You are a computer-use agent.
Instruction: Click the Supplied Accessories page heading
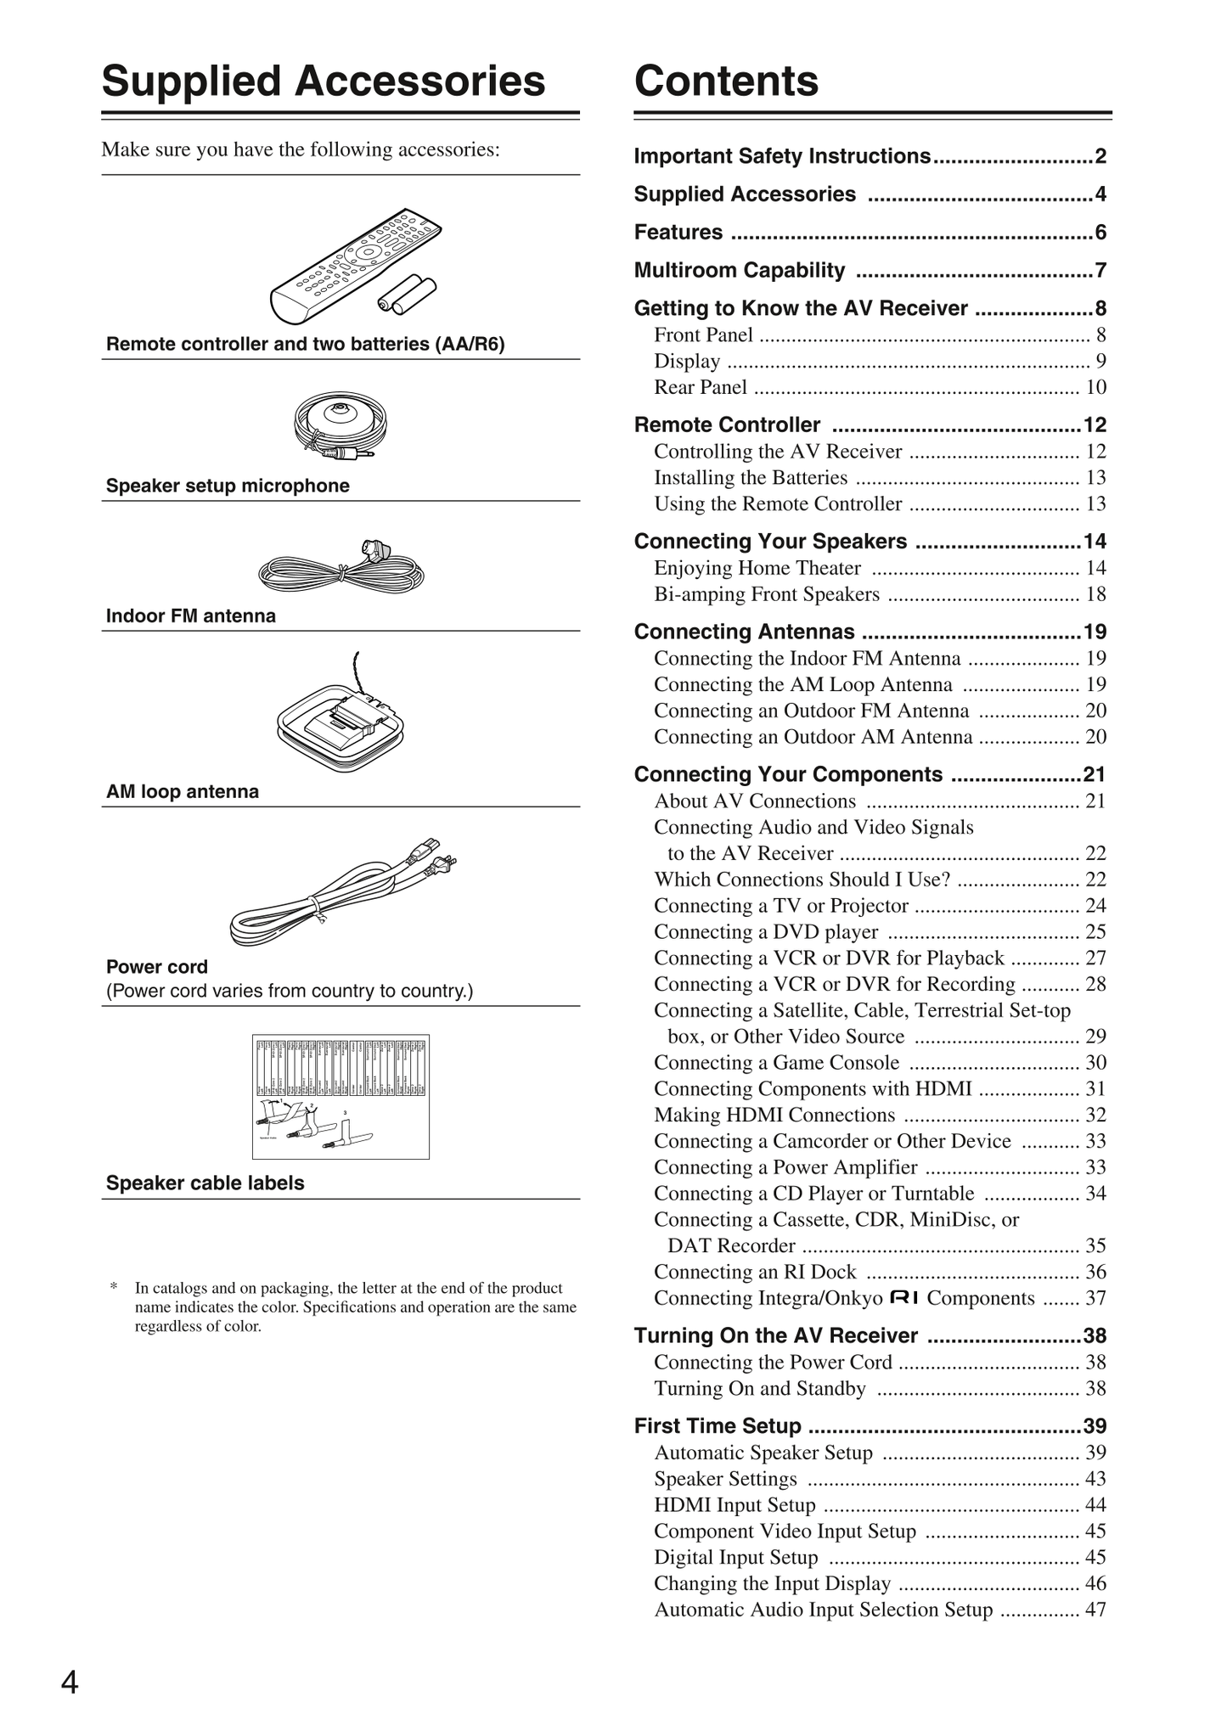(323, 81)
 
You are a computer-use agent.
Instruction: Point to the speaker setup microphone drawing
(340, 428)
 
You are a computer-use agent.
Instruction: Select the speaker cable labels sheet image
(341, 1096)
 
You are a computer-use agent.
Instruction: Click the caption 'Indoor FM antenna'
(191, 616)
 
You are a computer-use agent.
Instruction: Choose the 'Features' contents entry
(678, 233)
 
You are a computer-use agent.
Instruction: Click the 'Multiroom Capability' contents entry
(740, 271)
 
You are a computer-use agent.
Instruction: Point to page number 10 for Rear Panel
(1095, 388)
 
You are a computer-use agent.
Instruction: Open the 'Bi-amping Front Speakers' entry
(767, 594)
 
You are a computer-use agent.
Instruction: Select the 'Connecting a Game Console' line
(776, 1063)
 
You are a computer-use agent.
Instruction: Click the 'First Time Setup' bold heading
(718, 1426)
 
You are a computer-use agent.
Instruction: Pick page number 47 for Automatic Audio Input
(1095, 1610)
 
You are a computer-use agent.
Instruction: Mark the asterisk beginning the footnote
(114, 1288)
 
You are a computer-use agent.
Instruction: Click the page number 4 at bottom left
(70, 1682)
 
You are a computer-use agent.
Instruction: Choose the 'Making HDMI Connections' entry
(774, 1116)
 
